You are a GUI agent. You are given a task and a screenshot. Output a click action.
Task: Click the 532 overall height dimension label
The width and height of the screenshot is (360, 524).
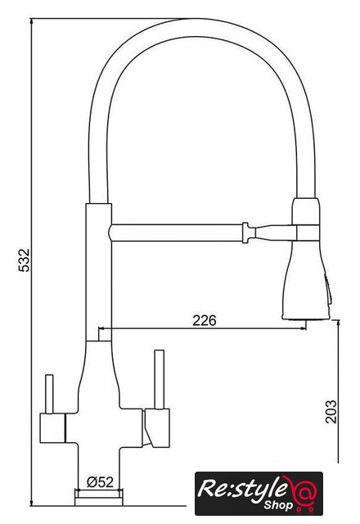point(24,260)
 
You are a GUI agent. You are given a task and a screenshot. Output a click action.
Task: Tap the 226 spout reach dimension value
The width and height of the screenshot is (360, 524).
point(205,320)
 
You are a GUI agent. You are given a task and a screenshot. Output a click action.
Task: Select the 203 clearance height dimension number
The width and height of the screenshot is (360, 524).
point(331,411)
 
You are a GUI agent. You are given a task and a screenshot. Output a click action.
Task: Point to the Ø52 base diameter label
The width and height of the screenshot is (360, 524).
point(100,482)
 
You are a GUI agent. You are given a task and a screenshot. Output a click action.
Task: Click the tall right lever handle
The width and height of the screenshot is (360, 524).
point(160,380)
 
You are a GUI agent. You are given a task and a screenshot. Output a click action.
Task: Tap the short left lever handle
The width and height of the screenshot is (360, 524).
point(49,395)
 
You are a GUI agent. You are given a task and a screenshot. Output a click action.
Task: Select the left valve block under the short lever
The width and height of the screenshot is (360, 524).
point(52,428)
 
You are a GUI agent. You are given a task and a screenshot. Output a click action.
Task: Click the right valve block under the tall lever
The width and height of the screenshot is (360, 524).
point(156,427)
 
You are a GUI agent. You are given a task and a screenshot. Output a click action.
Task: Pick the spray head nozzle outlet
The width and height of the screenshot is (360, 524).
point(306,318)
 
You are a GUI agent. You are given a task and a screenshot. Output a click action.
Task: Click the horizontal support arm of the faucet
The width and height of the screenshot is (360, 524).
point(177,233)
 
